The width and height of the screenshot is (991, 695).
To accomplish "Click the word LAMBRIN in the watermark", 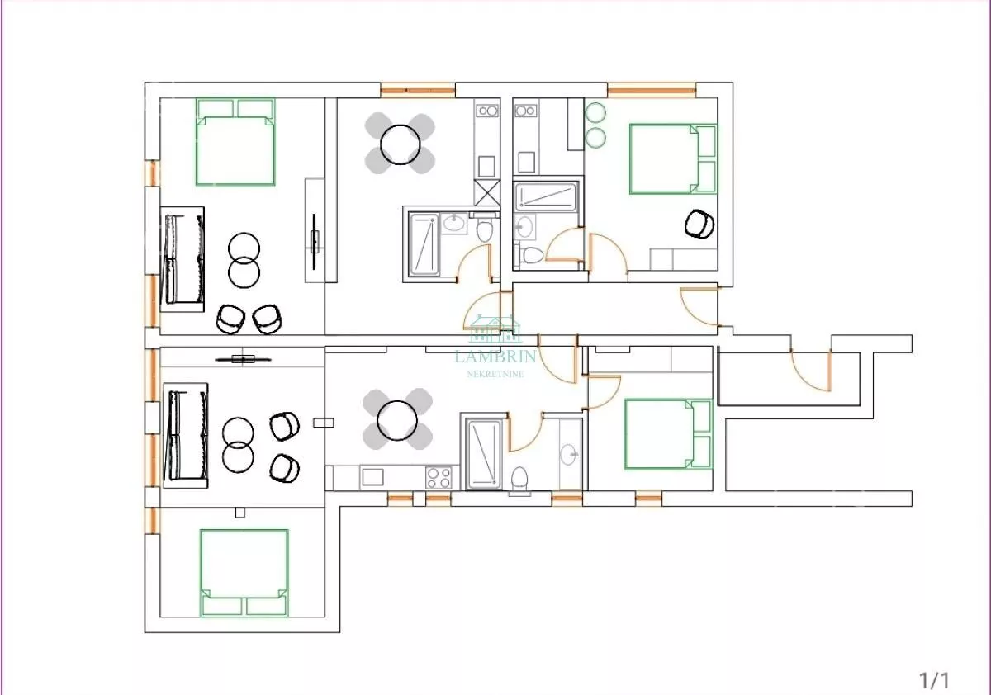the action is tap(495, 356).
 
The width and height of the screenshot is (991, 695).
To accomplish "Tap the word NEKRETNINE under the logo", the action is tap(495, 375).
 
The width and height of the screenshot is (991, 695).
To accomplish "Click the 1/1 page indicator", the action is tap(934, 680).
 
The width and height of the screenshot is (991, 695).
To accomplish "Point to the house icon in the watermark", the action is tap(495, 329).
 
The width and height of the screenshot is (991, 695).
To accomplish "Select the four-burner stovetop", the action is tap(439, 478).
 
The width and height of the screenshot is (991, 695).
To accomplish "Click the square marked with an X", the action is tap(487, 192).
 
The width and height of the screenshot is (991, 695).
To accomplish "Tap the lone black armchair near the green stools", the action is tap(699, 224).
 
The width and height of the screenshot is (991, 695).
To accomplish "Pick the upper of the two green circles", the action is tap(595, 113).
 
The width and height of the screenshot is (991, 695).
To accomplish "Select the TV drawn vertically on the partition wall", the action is tap(314, 241).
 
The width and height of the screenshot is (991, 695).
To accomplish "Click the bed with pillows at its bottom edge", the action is tap(244, 573).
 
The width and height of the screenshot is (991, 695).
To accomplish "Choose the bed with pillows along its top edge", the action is tap(235, 142).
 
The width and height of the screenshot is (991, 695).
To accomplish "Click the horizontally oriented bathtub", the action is tap(547, 196).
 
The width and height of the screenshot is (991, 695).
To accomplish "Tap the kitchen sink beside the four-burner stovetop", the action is tap(372, 477).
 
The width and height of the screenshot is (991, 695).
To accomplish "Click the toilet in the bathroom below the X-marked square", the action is tap(485, 231).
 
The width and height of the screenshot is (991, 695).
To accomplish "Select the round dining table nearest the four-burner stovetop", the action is tap(397, 420).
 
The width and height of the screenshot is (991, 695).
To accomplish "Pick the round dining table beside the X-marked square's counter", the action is tap(400, 144).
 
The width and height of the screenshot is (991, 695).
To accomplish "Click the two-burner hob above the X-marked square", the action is tap(487, 111).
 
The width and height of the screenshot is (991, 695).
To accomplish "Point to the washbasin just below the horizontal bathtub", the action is tap(524, 226).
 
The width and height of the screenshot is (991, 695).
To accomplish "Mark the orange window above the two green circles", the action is tap(652, 92).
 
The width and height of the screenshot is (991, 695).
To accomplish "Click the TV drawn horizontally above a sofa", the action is tap(243, 359).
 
